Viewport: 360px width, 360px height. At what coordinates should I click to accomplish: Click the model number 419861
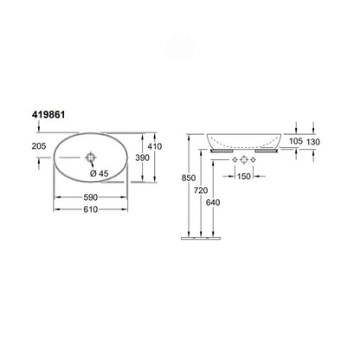48,115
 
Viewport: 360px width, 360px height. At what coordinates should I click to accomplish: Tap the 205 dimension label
39,146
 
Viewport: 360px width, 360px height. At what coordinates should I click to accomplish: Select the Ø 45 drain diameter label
100,173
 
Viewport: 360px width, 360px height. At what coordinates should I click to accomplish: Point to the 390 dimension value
143,157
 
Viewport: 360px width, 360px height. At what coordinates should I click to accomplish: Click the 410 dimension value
155,146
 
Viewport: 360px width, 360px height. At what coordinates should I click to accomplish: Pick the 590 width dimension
91,197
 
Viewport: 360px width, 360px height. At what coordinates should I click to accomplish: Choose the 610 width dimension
91,209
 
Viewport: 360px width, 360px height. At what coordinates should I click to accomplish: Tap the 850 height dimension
189,177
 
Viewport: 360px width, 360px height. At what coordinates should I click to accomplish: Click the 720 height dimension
201,190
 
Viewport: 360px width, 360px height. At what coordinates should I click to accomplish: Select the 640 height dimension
213,202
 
